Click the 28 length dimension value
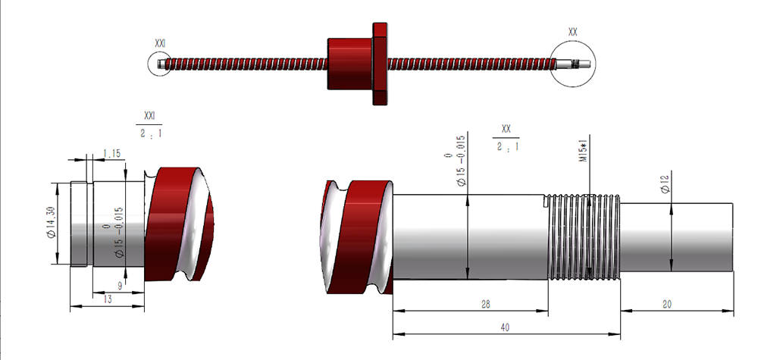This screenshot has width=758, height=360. tap(486, 304)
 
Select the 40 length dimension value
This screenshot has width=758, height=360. tap(505, 327)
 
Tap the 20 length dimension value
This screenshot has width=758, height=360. tap(667, 304)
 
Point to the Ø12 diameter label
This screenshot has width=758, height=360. tap(666, 183)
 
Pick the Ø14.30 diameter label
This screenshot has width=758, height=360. tap(52, 222)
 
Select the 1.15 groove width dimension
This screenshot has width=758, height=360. tap(111, 154)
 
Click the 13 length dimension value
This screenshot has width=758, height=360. tap(108, 299)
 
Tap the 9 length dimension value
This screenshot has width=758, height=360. tap(121, 286)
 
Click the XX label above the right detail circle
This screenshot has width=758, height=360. tap(573, 33)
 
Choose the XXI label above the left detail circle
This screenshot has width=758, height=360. tap(160, 43)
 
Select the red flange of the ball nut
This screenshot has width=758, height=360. tap(380, 64)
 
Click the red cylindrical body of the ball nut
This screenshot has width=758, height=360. tap(350, 64)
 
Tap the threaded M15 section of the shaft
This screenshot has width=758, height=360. tap(584, 236)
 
